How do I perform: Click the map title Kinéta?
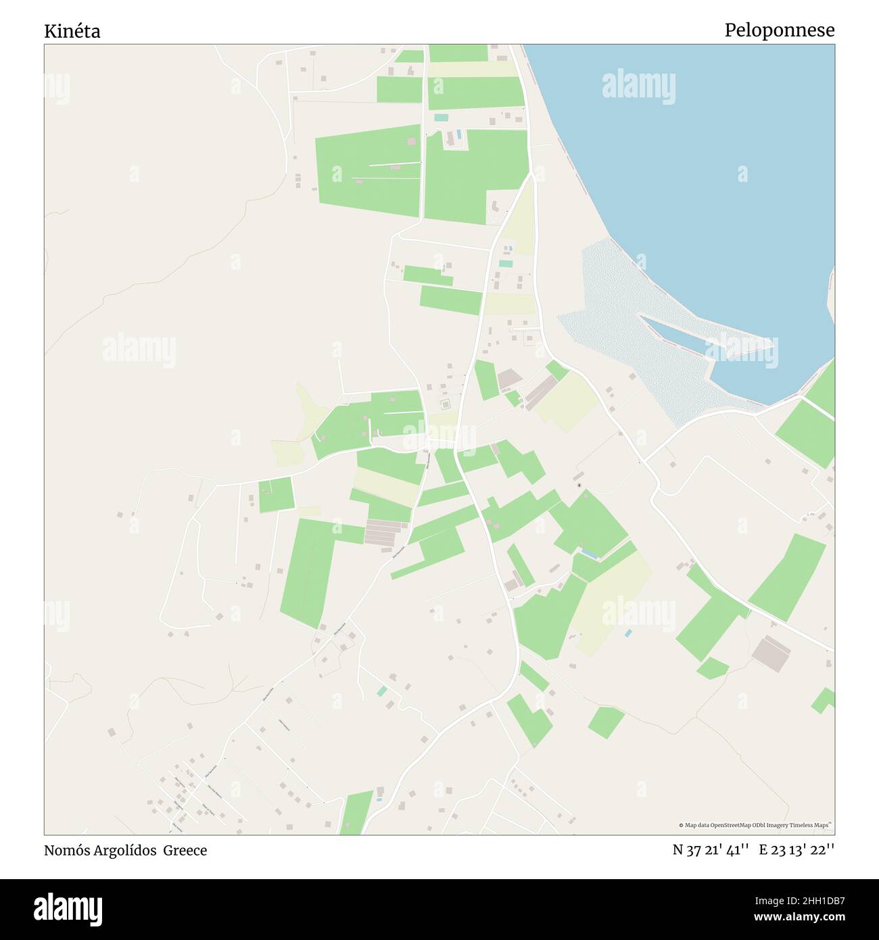[x=72, y=31]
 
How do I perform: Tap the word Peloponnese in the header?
[x=779, y=30]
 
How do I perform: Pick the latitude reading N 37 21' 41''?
[x=710, y=850]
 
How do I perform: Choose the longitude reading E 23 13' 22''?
[x=797, y=850]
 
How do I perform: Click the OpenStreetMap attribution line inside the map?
[x=755, y=825]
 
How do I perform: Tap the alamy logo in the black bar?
[x=69, y=908]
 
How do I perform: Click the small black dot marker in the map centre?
[x=579, y=485]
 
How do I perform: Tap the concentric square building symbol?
[x=445, y=404]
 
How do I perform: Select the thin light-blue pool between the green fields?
[x=589, y=555]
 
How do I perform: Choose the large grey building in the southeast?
[x=771, y=652]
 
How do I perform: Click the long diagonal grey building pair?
[x=540, y=392]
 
